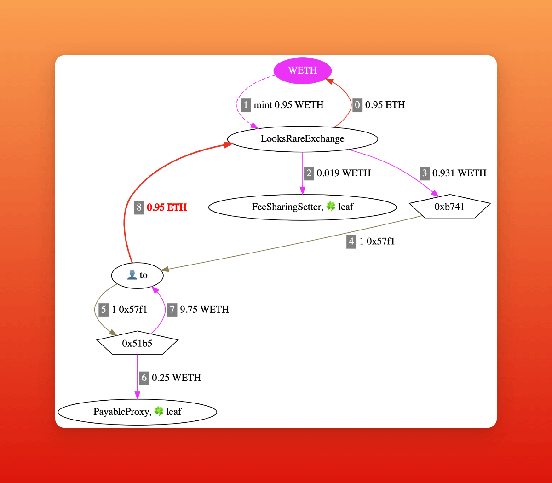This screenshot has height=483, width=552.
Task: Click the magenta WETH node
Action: (302, 70)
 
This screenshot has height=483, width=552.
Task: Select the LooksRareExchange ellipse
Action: (302, 138)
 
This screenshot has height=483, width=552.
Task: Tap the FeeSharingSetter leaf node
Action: (302, 207)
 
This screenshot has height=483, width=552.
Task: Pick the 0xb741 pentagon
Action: (449, 207)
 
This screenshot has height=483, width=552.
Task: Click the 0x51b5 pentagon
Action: (137, 343)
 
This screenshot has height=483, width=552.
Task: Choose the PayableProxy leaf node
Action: (137, 412)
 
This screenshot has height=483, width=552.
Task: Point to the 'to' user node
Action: (137, 275)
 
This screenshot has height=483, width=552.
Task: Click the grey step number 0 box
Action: (357, 105)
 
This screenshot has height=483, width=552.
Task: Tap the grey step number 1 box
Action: (246, 105)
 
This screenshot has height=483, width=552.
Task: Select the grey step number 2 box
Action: (309, 173)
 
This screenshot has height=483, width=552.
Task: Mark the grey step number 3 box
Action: (425, 173)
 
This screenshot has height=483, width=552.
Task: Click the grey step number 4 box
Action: (351, 241)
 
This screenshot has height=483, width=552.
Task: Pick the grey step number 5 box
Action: (103, 310)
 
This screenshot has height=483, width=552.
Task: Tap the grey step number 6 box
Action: (144, 378)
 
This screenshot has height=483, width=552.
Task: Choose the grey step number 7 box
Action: (172, 310)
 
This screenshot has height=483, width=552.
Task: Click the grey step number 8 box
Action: (139, 207)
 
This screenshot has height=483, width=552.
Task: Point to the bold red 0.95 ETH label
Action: (167, 207)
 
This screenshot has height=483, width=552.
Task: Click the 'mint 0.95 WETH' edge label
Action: (288, 105)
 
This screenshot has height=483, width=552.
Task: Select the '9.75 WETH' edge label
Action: (204, 310)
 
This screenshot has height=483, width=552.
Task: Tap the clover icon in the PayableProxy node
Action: (159, 411)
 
